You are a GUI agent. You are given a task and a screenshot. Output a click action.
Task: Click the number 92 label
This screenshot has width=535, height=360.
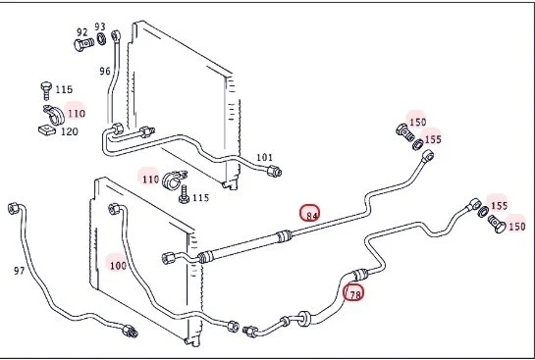coord(82,32)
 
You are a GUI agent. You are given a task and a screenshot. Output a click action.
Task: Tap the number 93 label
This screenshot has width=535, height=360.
coord(100,26)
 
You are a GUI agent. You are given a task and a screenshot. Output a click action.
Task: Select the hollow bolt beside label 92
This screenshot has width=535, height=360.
coord(84,44)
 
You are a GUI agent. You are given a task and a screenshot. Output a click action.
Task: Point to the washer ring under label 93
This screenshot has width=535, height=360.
coord(101,39)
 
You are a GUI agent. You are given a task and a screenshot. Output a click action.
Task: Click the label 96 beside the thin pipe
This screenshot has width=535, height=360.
coord(105,71)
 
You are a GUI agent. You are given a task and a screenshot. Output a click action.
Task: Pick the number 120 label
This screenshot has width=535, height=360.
coord(70,131)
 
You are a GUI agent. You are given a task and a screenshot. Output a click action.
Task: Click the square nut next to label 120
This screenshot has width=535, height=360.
coord(47,129)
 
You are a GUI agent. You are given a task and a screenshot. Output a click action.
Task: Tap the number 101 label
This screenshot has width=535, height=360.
coord(264,158)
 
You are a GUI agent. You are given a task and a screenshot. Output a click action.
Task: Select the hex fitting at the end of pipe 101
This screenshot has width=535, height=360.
coord(274,171)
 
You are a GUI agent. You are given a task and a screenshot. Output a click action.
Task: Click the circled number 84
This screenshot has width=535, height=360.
coord(310,213)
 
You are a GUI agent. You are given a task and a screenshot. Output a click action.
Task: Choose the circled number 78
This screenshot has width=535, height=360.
coord(353,293)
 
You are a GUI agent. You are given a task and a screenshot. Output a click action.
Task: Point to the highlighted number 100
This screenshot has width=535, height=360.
coord(118,266)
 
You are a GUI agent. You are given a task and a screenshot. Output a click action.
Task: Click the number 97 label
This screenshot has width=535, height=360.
coord(19,271)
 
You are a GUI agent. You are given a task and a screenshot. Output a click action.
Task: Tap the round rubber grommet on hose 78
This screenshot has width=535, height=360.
coord(303,319)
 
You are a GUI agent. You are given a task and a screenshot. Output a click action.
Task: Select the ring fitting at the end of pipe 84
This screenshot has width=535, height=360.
coord(428,156)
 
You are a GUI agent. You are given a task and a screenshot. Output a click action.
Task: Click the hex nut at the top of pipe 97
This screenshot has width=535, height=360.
coord(13,208)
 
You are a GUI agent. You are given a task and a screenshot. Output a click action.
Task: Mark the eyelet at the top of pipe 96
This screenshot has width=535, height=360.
coord(116,35)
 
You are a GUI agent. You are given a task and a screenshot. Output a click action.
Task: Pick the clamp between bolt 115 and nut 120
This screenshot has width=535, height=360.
coord(54,115)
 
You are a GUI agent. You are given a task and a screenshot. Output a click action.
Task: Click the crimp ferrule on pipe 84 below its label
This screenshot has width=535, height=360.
coord(284,236)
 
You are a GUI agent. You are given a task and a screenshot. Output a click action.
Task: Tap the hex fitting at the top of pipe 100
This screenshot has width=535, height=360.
coord(114,209)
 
